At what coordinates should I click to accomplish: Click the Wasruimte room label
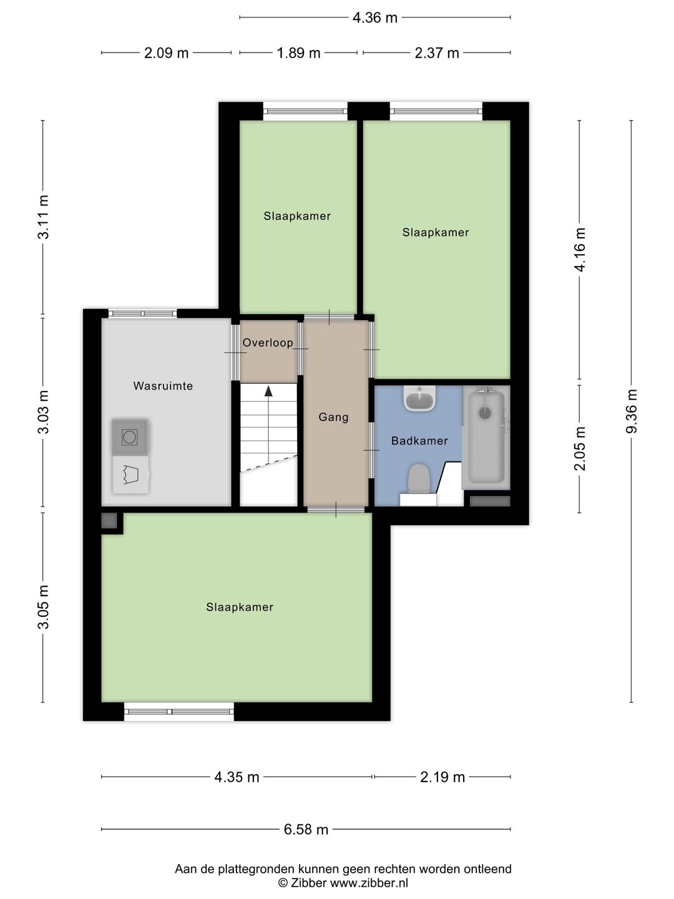163,386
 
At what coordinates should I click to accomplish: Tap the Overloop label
268,342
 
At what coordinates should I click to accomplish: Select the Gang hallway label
333,417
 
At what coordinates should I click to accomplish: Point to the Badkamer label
419,441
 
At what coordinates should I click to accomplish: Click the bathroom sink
419,398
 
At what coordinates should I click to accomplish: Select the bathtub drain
485,413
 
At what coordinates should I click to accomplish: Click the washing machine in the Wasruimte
130,437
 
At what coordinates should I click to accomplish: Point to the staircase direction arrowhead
268,391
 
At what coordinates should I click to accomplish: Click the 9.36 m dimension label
631,411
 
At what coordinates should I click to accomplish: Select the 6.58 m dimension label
306,829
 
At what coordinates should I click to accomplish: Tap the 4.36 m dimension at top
375,17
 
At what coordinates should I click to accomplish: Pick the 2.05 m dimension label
580,448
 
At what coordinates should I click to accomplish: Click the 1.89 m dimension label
298,53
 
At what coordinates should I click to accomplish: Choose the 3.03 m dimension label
43,411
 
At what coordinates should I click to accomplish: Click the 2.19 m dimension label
442,777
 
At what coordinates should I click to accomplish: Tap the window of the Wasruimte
142,314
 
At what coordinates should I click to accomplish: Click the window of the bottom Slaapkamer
179,712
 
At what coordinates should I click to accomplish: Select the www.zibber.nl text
369,883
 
